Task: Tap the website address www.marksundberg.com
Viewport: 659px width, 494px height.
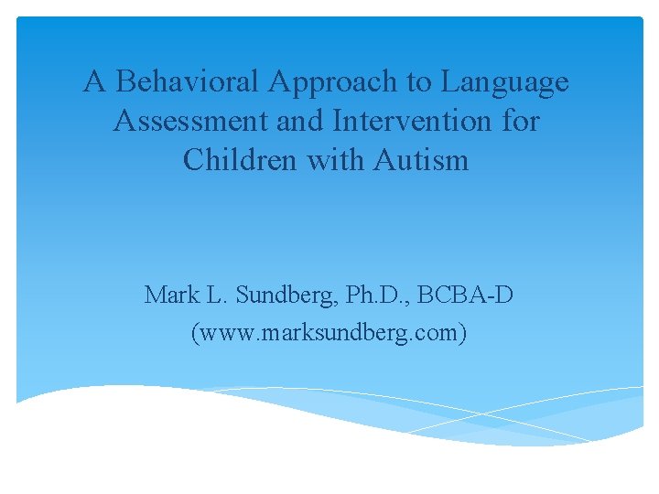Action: pos(329,334)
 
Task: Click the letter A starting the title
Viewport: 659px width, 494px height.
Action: pos(92,82)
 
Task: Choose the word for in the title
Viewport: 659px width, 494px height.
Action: pos(522,122)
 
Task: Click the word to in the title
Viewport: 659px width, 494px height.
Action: pos(419,82)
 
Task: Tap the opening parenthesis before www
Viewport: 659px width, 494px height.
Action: pos(193,334)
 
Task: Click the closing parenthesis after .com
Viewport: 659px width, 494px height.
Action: pos(464,334)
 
